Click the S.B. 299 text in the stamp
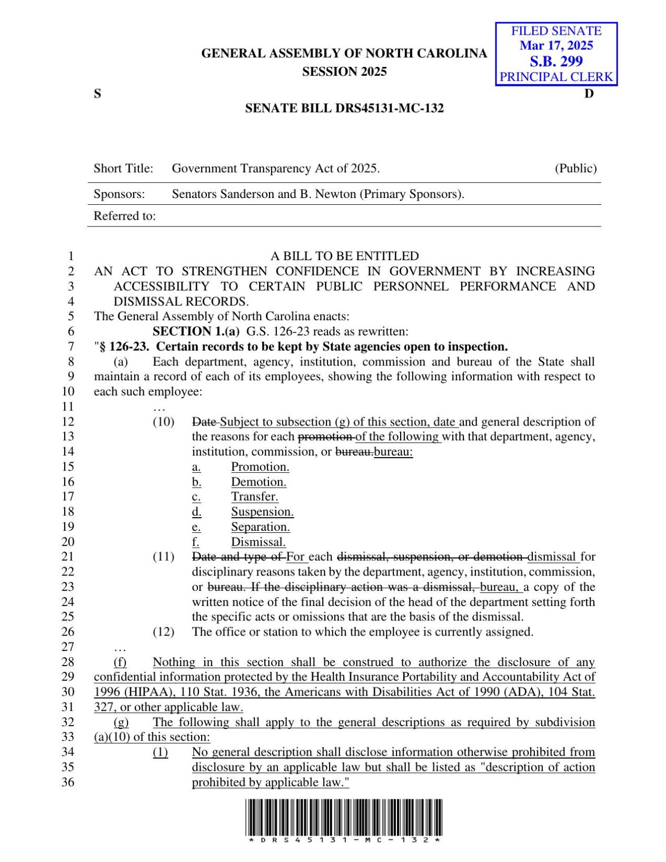[x=556, y=61]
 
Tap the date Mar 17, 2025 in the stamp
[x=556, y=45]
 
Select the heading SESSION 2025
[x=344, y=72]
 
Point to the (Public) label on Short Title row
[x=575, y=169]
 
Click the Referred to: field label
[x=125, y=216]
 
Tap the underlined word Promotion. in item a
[x=260, y=467]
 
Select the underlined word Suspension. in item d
[x=262, y=512]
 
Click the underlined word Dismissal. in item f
[x=259, y=542]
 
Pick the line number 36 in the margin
[x=68, y=782]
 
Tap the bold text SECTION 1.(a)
[x=196, y=331]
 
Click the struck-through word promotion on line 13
[x=325, y=437]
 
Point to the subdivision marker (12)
[x=163, y=632]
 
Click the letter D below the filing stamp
[x=589, y=94]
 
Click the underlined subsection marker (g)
[x=121, y=722]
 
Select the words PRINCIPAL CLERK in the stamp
[x=556, y=77]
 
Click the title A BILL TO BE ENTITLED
[x=344, y=256]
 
